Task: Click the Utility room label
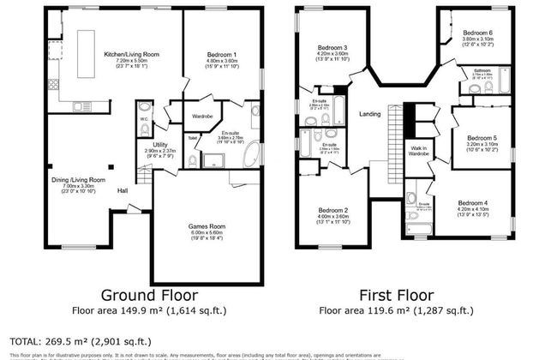159,144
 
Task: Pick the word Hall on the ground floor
123,190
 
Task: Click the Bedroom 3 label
332,47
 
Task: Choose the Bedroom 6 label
477,33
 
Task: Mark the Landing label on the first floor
369,114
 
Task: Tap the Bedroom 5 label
482,139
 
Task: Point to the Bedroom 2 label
332,210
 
